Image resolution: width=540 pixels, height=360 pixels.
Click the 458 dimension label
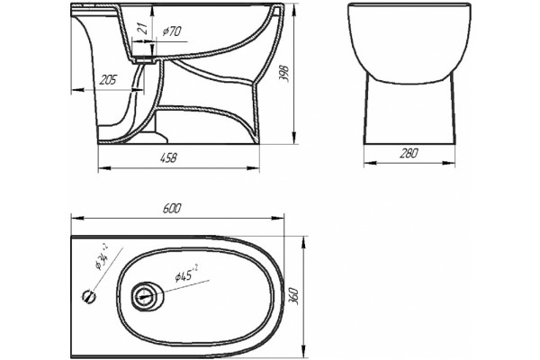(x=169, y=158)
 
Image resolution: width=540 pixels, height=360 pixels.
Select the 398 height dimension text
(x=284, y=74)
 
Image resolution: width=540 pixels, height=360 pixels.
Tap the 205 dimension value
(x=108, y=80)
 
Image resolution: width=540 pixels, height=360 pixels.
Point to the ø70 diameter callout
(x=172, y=31)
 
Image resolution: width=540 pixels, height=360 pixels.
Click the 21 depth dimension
(x=143, y=28)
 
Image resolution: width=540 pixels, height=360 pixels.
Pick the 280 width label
(x=409, y=153)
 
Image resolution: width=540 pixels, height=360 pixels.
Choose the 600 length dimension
(x=172, y=209)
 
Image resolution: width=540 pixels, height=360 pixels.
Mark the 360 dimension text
(x=293, y=297)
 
